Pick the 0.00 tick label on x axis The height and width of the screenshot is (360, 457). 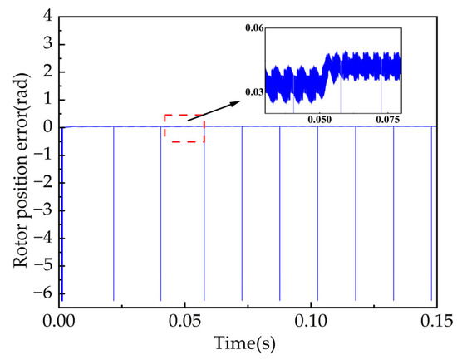[60, 320]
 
